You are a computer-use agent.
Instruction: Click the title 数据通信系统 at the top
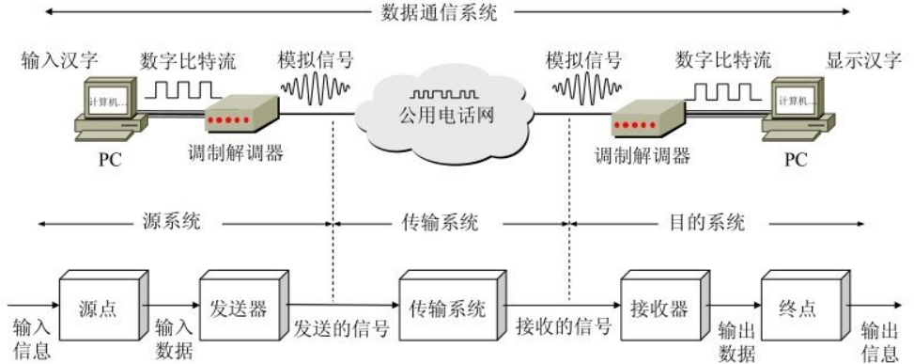click(440, 13)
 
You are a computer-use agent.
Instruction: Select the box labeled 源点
click(97, 309)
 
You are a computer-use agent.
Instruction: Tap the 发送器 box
click(238, 309)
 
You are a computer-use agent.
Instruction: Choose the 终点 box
click(799, 309)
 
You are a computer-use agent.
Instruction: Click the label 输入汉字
click(59, 62)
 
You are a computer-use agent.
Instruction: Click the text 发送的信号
click(341, 328)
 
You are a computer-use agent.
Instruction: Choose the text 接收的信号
click(564, 328)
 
